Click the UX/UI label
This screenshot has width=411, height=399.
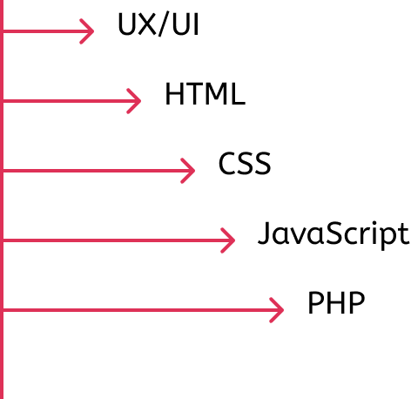pyautogui.click(x=158, y=24)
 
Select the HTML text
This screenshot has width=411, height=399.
pyautogui.click(x=205, y=93)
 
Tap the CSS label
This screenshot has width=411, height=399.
pyautogui.click(x=245, y=163)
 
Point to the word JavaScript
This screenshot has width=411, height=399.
pyautogui.click(x=334, y=234)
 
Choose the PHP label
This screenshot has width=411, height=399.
pyautogui.click(x=336, y=302)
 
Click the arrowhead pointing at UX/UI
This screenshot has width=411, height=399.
pyautogui.click(x=87, y=31)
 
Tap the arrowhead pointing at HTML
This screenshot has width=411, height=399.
pyautogui.click(x=134, y=101)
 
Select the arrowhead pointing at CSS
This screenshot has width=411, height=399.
pyautogui.click(x=187, y=171)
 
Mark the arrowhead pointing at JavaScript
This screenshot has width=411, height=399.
pyautogui.click(x=227, y=240)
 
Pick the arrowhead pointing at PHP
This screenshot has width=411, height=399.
pyautogui.click(x=276, y=310)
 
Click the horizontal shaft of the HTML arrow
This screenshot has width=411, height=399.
pyautogui.click(x=71, y=101)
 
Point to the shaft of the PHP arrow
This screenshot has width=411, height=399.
pyautogui.click(x=143, y=310)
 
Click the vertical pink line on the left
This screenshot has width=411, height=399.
pyautogui.click(x=2, y=199)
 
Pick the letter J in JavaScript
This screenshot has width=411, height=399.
pyautogui.click(x=264, y=233)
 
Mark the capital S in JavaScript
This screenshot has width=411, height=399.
pyautogui.click(x=335, y=233)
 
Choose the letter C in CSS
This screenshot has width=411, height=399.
pyautogui.click(x=227, y=163)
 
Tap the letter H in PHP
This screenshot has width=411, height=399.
pyautogui.click(x=336, y=302)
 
